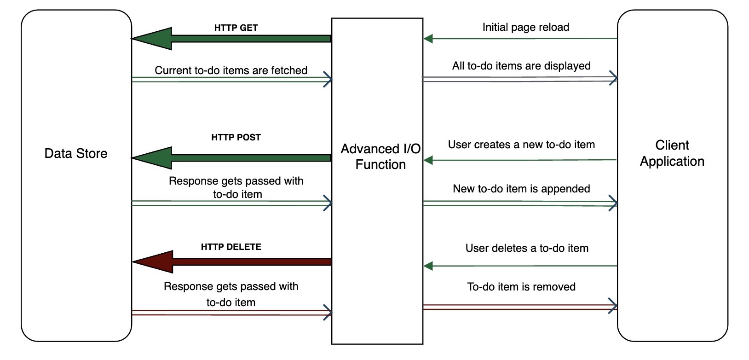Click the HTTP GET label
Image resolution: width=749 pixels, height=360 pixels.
pyautogui.click(x=236, y=28)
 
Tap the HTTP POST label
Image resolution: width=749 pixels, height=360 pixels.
pyautogui.click(x=236, y=137)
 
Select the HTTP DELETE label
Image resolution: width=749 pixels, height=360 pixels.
pyautogui.click(x=231, y=247)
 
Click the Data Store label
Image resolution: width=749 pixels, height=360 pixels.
pyautogui.click(x=76, y=153)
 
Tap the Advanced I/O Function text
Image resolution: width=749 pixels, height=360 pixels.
pyautogui.click(x=380, y=157)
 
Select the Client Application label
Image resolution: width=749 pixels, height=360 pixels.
pyautogui.click(x=672, y=153)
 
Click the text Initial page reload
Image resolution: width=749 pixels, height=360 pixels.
pyautogui.click(x=525, y=27)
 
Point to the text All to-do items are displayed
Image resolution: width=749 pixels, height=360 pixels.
pyautogui.click(x=521, y=66)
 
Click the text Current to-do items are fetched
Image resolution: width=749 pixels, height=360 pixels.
pyautogui.click(x=231, y=70)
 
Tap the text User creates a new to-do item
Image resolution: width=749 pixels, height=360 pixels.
pyautogui.click(x=521, y=145)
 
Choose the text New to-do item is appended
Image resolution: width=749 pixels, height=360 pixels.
pyautogui.click(x=521, y=189)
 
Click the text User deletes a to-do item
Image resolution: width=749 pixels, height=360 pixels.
pyautogui.click(x=527, y=248)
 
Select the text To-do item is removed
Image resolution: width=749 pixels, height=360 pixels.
pyautogui.click(x=521, y=287)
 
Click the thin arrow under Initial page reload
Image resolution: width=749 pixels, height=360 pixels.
pyautogui.click(x=520, y=39)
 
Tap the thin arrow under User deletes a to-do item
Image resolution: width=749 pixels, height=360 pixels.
pyautogui.click(x=520, y=266)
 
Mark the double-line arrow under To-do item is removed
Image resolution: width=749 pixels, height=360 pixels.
pyautogui.click(x=520, y=307)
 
